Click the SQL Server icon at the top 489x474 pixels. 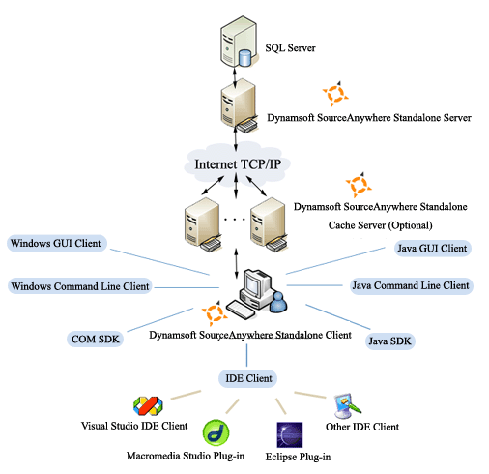point(237,42)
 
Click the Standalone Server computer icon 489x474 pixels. point(237,108)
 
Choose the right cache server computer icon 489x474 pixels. point(268,222)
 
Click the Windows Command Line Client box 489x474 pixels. point(79,286)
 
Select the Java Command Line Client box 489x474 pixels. point(409,285)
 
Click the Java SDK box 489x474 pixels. point(391,341)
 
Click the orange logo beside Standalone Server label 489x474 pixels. point(333,95)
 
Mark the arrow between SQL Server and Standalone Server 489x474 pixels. point(237,74)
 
